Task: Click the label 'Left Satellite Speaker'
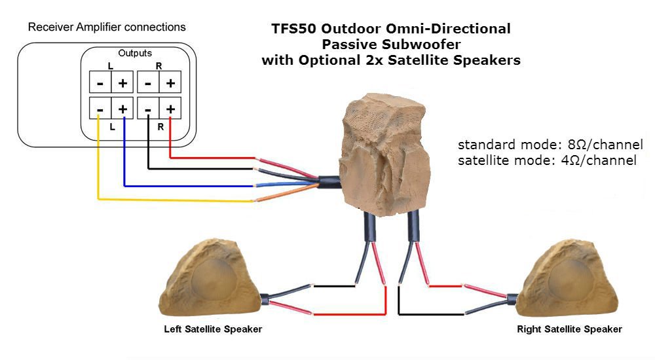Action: (x=213, y=329)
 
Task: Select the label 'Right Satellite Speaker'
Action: (x=569, y=329)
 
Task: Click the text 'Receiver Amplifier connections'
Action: (x=107, y=27)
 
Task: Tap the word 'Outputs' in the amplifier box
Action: (x=135, y=52)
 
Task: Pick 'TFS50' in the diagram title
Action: (x=293, y=29)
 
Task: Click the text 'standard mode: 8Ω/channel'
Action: (x=550, y=145)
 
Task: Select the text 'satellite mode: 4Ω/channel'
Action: (x=547, y=160)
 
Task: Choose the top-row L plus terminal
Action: (x=122, y=83)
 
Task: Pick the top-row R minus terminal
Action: (x=149, y=83)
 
